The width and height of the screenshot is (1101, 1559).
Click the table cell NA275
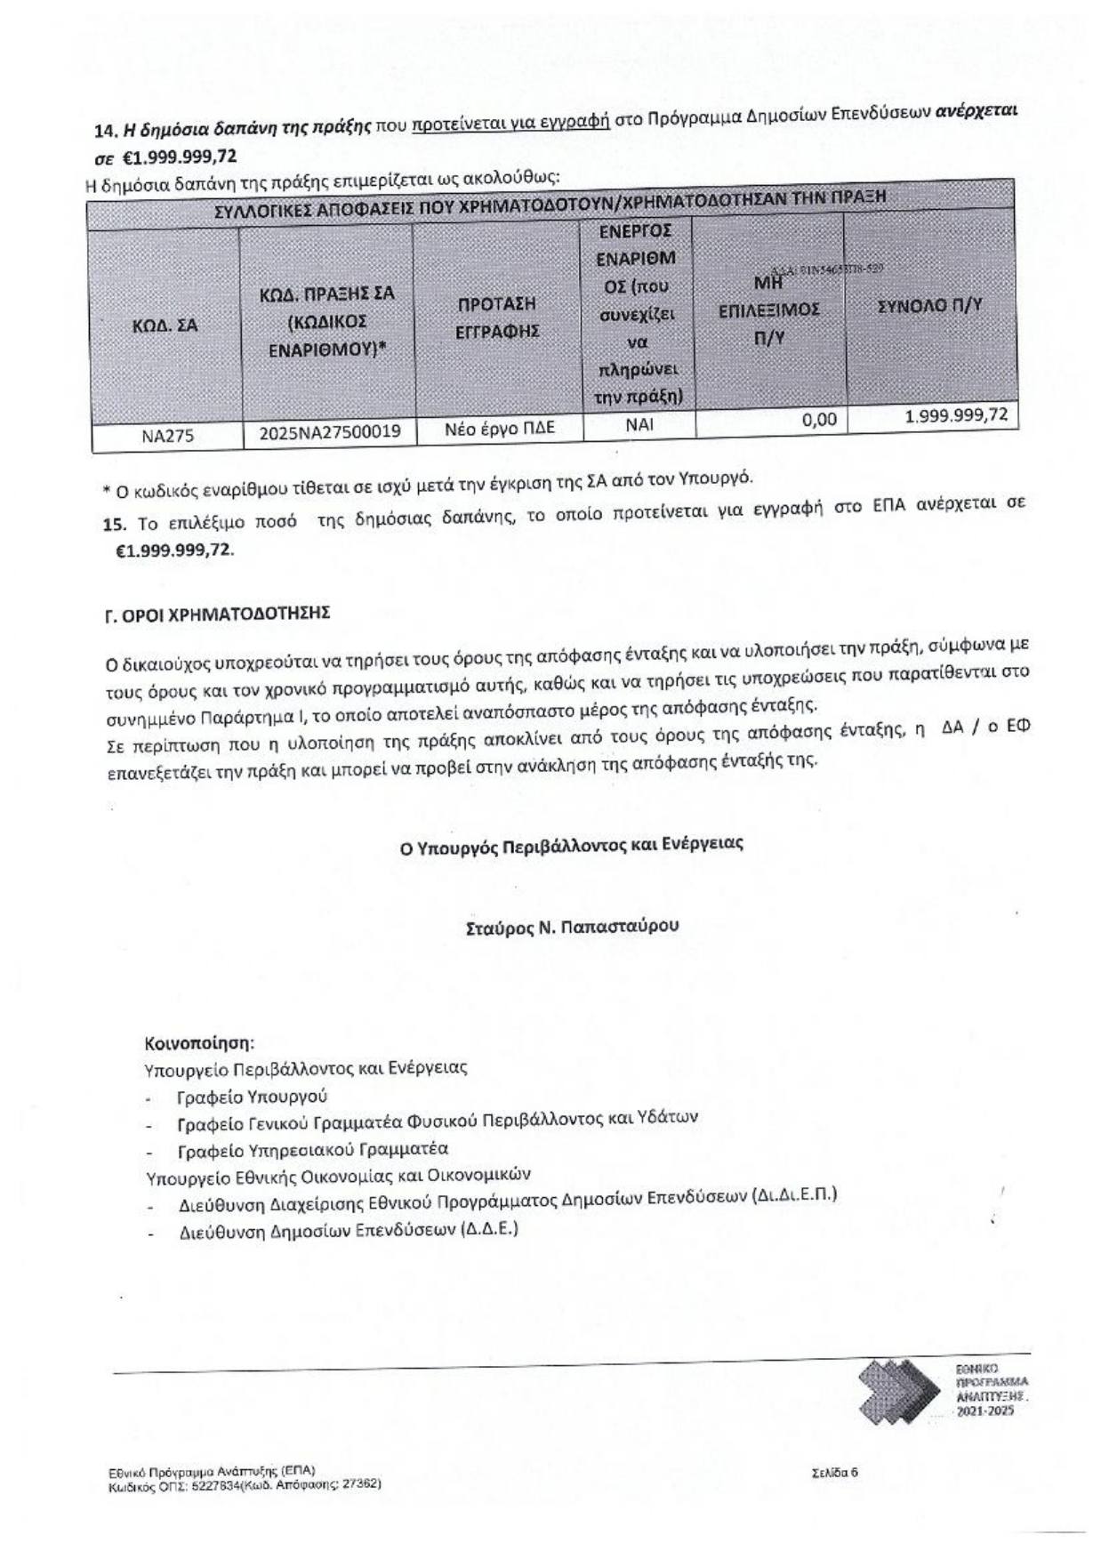tap(167, 437)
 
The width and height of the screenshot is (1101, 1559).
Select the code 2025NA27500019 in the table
tap(329, 432)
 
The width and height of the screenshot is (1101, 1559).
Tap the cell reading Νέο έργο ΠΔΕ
tap(499, 428)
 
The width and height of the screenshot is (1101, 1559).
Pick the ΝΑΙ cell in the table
tap(639, 424)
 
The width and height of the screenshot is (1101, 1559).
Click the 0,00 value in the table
tap(818, 419)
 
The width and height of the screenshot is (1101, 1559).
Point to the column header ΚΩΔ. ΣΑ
tap(165, 325)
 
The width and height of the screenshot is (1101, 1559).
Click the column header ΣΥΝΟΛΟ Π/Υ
tap(929, 305)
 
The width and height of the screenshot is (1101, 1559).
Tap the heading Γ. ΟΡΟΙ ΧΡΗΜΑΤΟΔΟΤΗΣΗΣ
tap(218, 614)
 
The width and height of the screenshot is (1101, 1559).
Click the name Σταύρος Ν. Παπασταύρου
tap(572, 926)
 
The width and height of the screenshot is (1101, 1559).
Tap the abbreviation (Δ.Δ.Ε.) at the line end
tap(488, 1229)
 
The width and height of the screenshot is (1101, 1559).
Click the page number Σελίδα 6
tap(834, 1472)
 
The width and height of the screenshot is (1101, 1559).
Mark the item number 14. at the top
tap(106, 131)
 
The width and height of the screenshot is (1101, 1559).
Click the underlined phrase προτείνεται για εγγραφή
tap(510, 122)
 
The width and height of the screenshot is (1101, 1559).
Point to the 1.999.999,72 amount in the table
tap(956, 414)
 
